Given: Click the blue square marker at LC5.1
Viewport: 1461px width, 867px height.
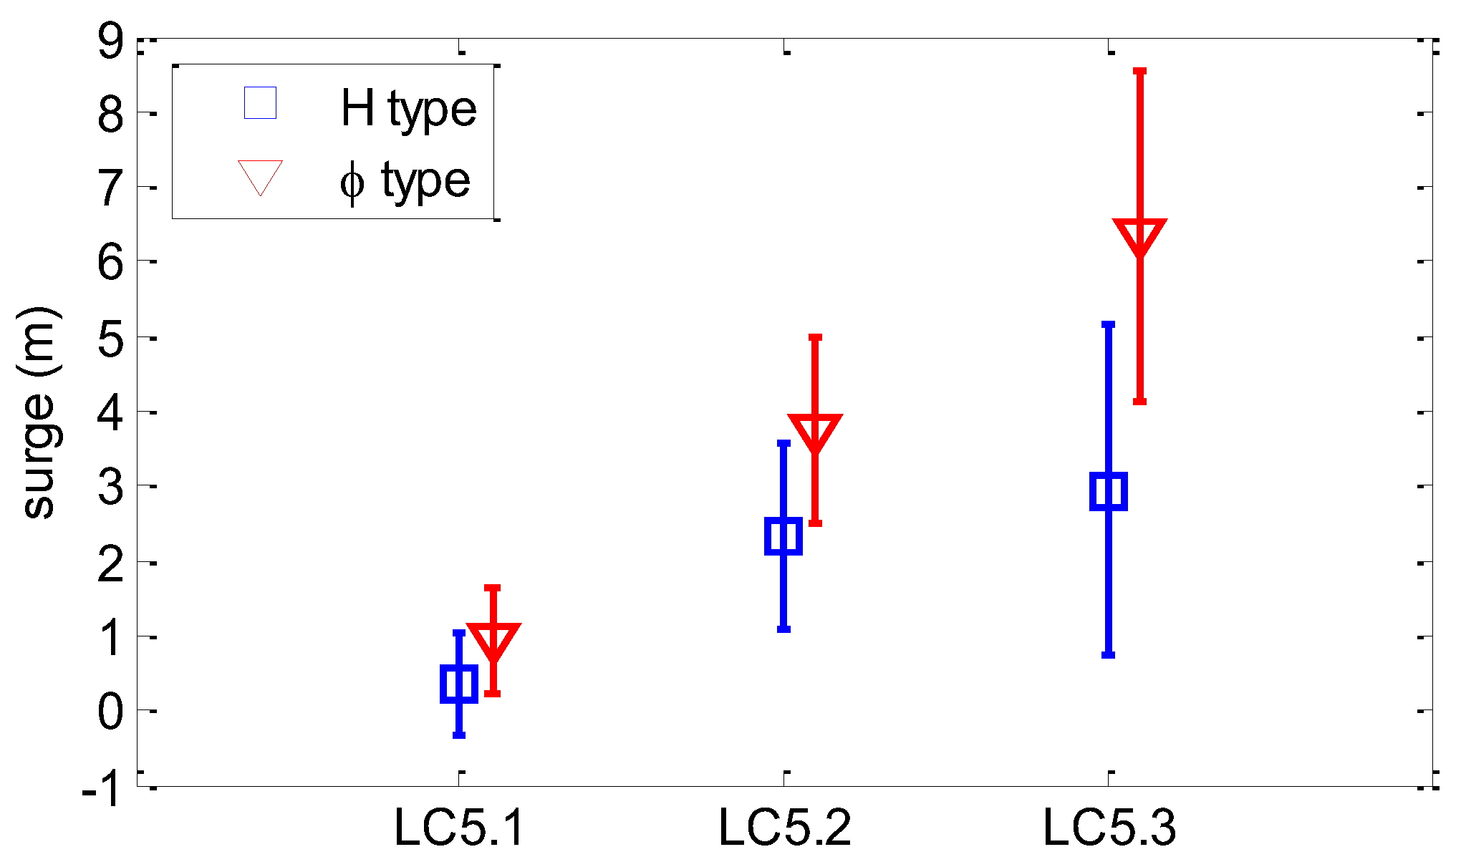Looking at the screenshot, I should tap(459, 684).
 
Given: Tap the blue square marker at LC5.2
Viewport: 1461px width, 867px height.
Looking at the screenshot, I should tap(783, 536).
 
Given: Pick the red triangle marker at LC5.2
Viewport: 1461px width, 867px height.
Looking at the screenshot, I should tap(815, 430).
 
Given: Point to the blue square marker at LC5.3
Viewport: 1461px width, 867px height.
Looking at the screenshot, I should tap(1109, 491).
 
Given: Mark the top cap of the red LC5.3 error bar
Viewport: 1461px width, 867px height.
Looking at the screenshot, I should tap(1139, 72).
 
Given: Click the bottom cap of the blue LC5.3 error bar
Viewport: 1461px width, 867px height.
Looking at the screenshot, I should tap(1109, 654).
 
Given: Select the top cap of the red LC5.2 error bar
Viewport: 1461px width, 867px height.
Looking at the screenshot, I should tap(815, 337).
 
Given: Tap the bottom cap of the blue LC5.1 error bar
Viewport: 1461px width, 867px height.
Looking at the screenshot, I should tap(459, 735).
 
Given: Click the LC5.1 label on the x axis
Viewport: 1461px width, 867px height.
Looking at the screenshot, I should tap(459, 828).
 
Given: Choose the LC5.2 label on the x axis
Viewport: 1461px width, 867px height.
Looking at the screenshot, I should tap(784, 828).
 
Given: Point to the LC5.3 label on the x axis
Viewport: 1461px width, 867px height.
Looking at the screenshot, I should tap(1109, 828).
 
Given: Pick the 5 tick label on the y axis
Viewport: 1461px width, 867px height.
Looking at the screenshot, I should tap(110, 338).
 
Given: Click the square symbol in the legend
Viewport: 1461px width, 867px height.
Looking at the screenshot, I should tap(260, 103).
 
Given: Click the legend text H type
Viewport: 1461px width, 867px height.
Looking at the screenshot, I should tap(408, 109).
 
